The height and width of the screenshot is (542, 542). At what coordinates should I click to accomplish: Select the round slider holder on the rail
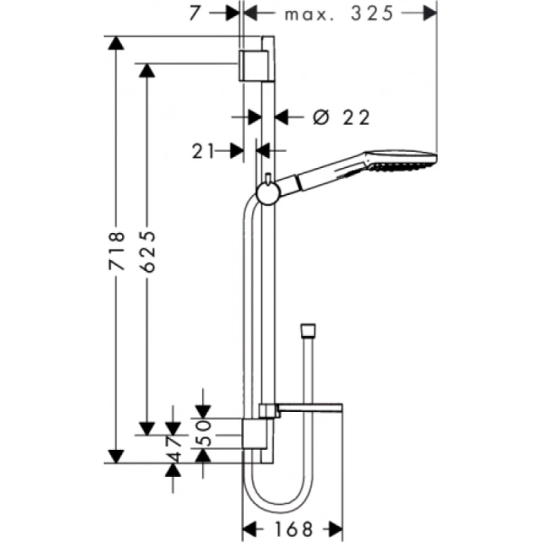pyautogui.click(x=267, y=191)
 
